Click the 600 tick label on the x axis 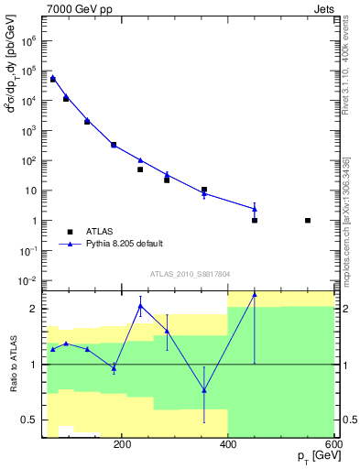coord(331,444)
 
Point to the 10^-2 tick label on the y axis coord(28,281)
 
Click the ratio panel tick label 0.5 coord(29,420)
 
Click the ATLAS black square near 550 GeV coord(308,221)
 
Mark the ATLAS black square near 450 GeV coord(255,221)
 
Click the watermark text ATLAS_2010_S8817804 coord(190,275)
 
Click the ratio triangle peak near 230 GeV coord(140,305)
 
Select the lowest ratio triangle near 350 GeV coord(204,390)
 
